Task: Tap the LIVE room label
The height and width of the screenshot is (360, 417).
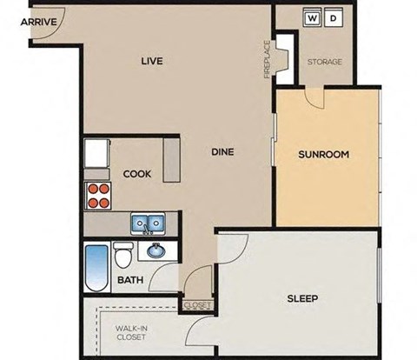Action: [153, 61]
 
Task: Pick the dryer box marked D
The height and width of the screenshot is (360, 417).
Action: [334, 17]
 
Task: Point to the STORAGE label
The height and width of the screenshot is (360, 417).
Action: [325, 62]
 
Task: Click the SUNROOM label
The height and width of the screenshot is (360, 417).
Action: [323, 155]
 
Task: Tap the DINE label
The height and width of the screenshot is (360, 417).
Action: [222, 152]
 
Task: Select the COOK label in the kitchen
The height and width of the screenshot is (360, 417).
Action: [136, 174]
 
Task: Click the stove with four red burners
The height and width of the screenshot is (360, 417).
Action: [99, 196]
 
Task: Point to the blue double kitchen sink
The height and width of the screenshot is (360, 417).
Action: [149, 224]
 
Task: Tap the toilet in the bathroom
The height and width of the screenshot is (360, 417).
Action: [123, 257]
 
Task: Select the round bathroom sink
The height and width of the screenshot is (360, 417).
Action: [156, 252]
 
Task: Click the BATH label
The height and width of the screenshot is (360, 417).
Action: [130, 281]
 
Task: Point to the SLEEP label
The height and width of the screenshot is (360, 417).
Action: [302, 299]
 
